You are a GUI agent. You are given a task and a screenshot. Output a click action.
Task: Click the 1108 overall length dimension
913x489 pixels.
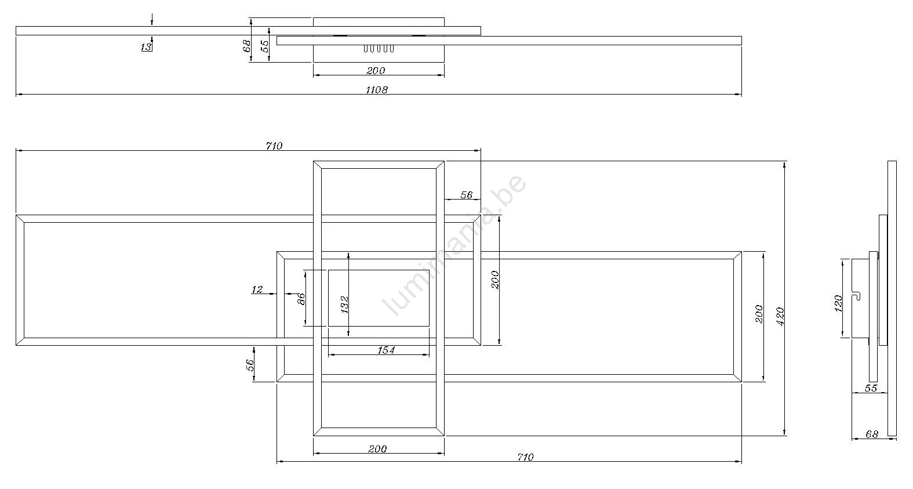click(377, 90)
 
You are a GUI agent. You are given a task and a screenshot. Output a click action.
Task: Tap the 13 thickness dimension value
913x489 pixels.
click(146, 48)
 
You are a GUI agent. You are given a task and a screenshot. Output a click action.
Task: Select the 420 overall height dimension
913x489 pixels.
click(780, 317)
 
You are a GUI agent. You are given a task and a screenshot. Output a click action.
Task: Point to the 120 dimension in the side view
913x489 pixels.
click(838, 304)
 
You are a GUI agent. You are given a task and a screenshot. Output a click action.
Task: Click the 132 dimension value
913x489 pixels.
click(344, 305)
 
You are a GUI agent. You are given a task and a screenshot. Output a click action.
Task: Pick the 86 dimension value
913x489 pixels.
click(301, 299)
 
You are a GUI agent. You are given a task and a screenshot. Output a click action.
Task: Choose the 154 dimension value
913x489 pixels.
click(386, 350)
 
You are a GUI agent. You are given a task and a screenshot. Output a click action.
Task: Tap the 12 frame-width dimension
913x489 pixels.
click(257, 289)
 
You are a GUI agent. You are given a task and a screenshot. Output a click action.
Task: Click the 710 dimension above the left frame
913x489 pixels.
click(274, 146)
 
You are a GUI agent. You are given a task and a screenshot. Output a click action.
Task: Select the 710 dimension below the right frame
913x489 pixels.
click(525, 457)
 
